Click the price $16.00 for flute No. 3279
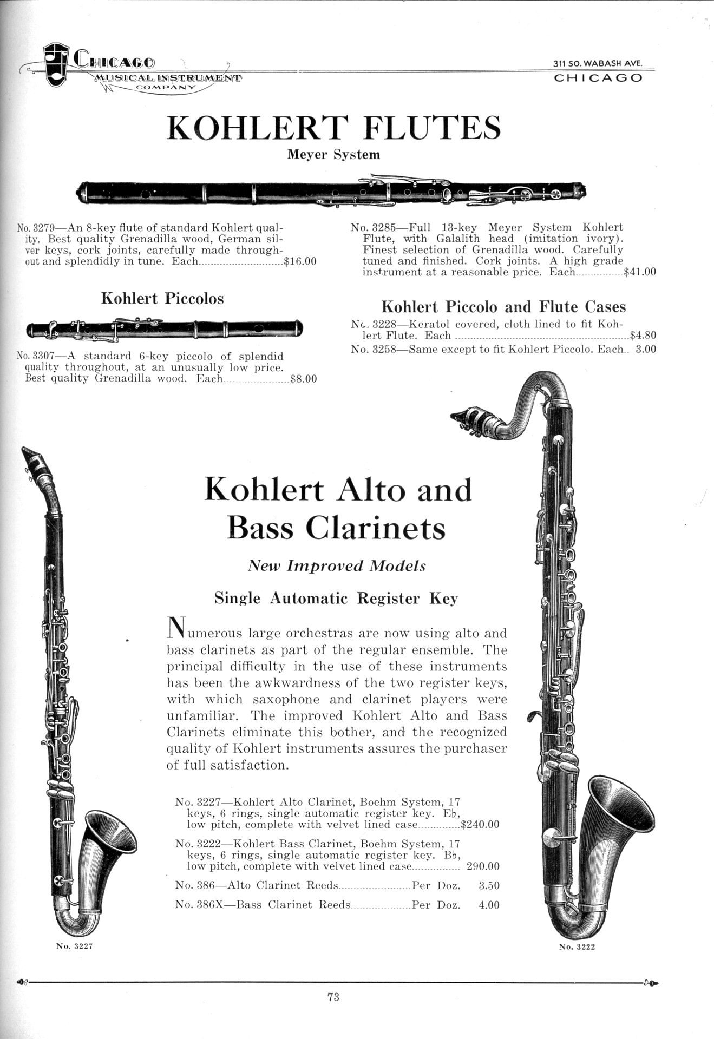click(300, 261)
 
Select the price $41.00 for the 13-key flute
click(640, 272)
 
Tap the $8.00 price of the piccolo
click(304, 379)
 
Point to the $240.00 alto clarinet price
click(480, 825)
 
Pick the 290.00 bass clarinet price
click(483, 866)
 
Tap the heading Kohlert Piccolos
click(162, 299)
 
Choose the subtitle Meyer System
click(333, 155)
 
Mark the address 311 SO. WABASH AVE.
click(598, 63)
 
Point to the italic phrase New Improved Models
click(337, 566)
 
